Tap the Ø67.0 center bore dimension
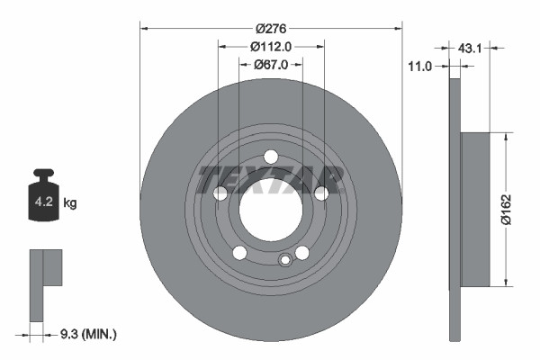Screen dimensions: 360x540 (271, 64)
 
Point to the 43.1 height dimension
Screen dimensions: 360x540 (472, 48)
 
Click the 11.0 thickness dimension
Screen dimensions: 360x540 (420, 66)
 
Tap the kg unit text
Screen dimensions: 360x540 (70, 203)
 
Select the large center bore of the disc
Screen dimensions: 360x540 (271, 210)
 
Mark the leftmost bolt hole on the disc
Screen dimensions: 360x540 (220, 193)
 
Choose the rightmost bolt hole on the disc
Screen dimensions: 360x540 (321, 193)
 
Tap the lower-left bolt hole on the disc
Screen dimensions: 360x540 (239, 253)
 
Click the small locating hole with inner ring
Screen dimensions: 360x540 (285, 260)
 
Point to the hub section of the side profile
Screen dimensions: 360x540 (476, 210)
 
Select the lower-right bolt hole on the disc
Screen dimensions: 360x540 (302, 253)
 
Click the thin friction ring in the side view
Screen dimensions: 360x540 (454, 210)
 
